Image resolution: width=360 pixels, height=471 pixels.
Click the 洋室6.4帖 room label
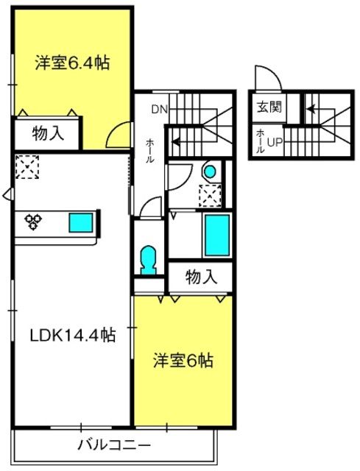coord(72,63)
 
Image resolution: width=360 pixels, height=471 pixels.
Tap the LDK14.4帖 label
coord(73,335)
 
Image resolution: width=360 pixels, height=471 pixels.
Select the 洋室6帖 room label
coord(183,361)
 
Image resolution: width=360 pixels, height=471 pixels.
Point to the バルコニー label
coord(114,445)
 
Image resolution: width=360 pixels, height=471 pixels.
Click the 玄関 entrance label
coord(269,107)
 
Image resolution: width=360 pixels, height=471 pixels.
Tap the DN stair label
coord(159,110)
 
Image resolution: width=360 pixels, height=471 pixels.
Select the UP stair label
coord(275,143)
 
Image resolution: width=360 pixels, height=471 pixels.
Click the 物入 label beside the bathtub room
coord(201,277)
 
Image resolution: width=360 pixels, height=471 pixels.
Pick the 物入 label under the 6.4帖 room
coord(48,133)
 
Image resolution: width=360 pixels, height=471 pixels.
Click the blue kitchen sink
coord(81,222)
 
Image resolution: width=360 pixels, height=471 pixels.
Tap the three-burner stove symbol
coord(32,222)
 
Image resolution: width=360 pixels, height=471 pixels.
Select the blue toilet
coord(148,260)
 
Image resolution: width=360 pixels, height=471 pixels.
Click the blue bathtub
coord(217,235)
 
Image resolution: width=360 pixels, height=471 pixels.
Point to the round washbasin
coord(210,172)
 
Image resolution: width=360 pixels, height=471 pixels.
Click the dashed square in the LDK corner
coord(27,167)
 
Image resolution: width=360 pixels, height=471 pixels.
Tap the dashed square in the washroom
coord(210,196)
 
